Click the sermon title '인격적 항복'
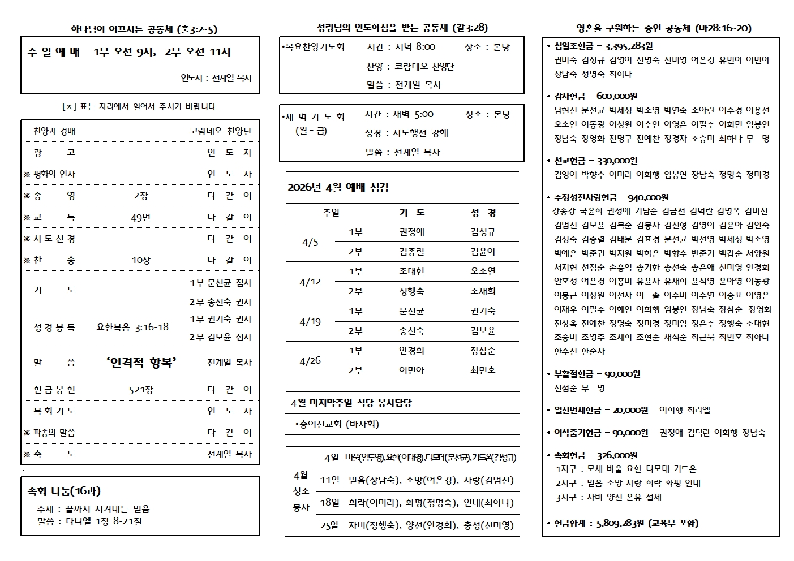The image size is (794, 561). point(141,363)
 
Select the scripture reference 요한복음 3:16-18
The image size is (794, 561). point(132,327)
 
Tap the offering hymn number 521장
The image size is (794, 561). point(141,390)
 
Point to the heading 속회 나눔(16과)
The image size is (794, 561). point(65,491)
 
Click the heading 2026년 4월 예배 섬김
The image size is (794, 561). point(338,188)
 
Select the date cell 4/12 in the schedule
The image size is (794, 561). point(310,282)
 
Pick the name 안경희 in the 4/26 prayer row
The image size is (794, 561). point(411,351)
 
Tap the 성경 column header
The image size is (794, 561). point(483,213)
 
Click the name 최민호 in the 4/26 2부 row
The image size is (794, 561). point(483,370)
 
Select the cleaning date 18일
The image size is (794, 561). point(329,502)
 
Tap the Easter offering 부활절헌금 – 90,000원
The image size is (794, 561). point(597,374)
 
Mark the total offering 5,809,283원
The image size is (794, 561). point(620,523)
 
